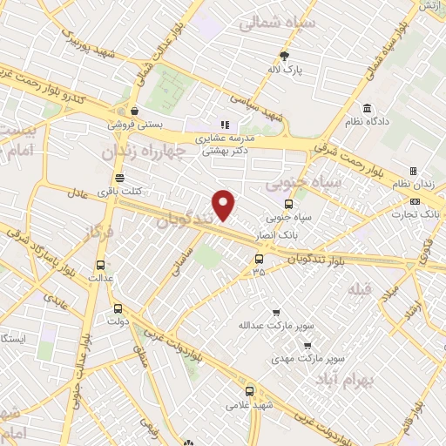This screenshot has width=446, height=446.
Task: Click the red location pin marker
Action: tap(225, 205)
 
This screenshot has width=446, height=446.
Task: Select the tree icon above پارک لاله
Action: tap(297, 56)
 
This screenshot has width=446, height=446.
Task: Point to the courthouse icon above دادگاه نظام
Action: tap(367, 109)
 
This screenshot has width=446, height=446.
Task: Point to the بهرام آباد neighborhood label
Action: tap(369, 382)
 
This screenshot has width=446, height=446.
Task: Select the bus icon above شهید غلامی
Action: tap(250, 391)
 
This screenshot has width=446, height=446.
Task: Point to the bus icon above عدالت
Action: tap(101, 264)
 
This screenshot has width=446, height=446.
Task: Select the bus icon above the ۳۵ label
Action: tap(258, 259)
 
